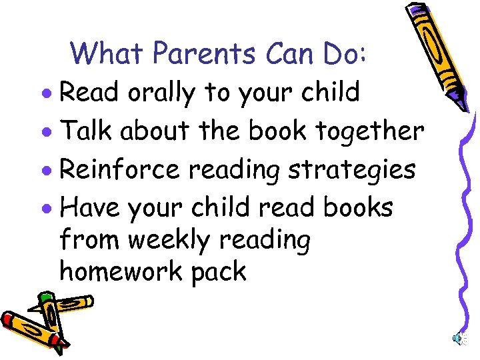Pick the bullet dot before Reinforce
51,171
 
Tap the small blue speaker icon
459,338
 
